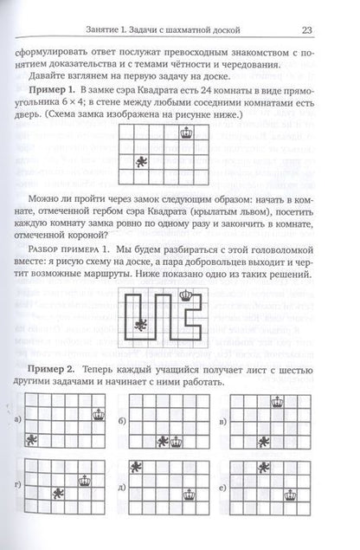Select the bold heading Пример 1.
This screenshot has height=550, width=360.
[x=67, y=90]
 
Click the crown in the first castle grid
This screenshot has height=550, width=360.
[x=183, y=133]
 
